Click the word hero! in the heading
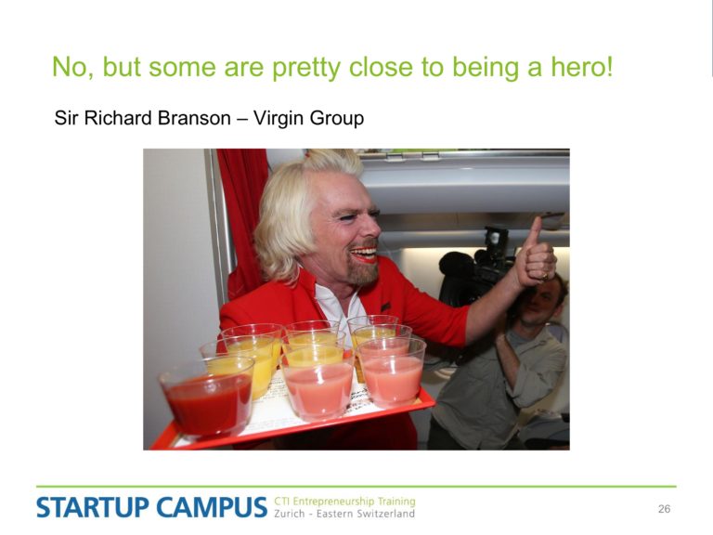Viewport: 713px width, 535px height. [x=582, y=67]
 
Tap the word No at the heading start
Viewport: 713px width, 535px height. [x=71, y=67]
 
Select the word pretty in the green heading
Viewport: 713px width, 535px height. [x=306, y=69]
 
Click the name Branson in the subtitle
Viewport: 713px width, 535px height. [x=194, y=118]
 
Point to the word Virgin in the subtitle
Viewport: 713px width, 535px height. [x=278, y=119]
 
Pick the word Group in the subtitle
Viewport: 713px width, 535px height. [x=336, y=119]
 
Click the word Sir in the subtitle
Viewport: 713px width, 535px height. [x=67, y=118]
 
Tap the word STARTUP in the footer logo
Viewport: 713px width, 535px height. [x=93, y=508]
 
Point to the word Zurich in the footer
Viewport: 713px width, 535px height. [x=289, y=514]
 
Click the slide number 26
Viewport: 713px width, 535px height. [x=664, y=509]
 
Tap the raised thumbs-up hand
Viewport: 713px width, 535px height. [x=538, y=257]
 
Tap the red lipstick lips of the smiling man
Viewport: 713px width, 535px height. [x=365, y=254]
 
